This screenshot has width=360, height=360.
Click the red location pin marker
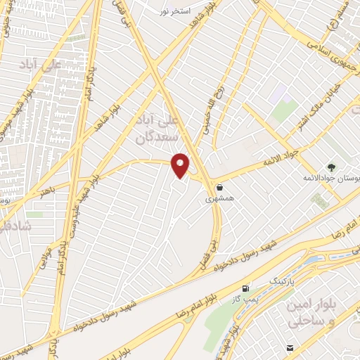(x=181, y=165)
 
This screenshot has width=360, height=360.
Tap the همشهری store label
(x=217, y=200)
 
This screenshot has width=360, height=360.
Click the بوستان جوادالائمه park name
(x=330, y=179)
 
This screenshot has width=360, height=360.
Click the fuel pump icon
(x=245, y=288)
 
